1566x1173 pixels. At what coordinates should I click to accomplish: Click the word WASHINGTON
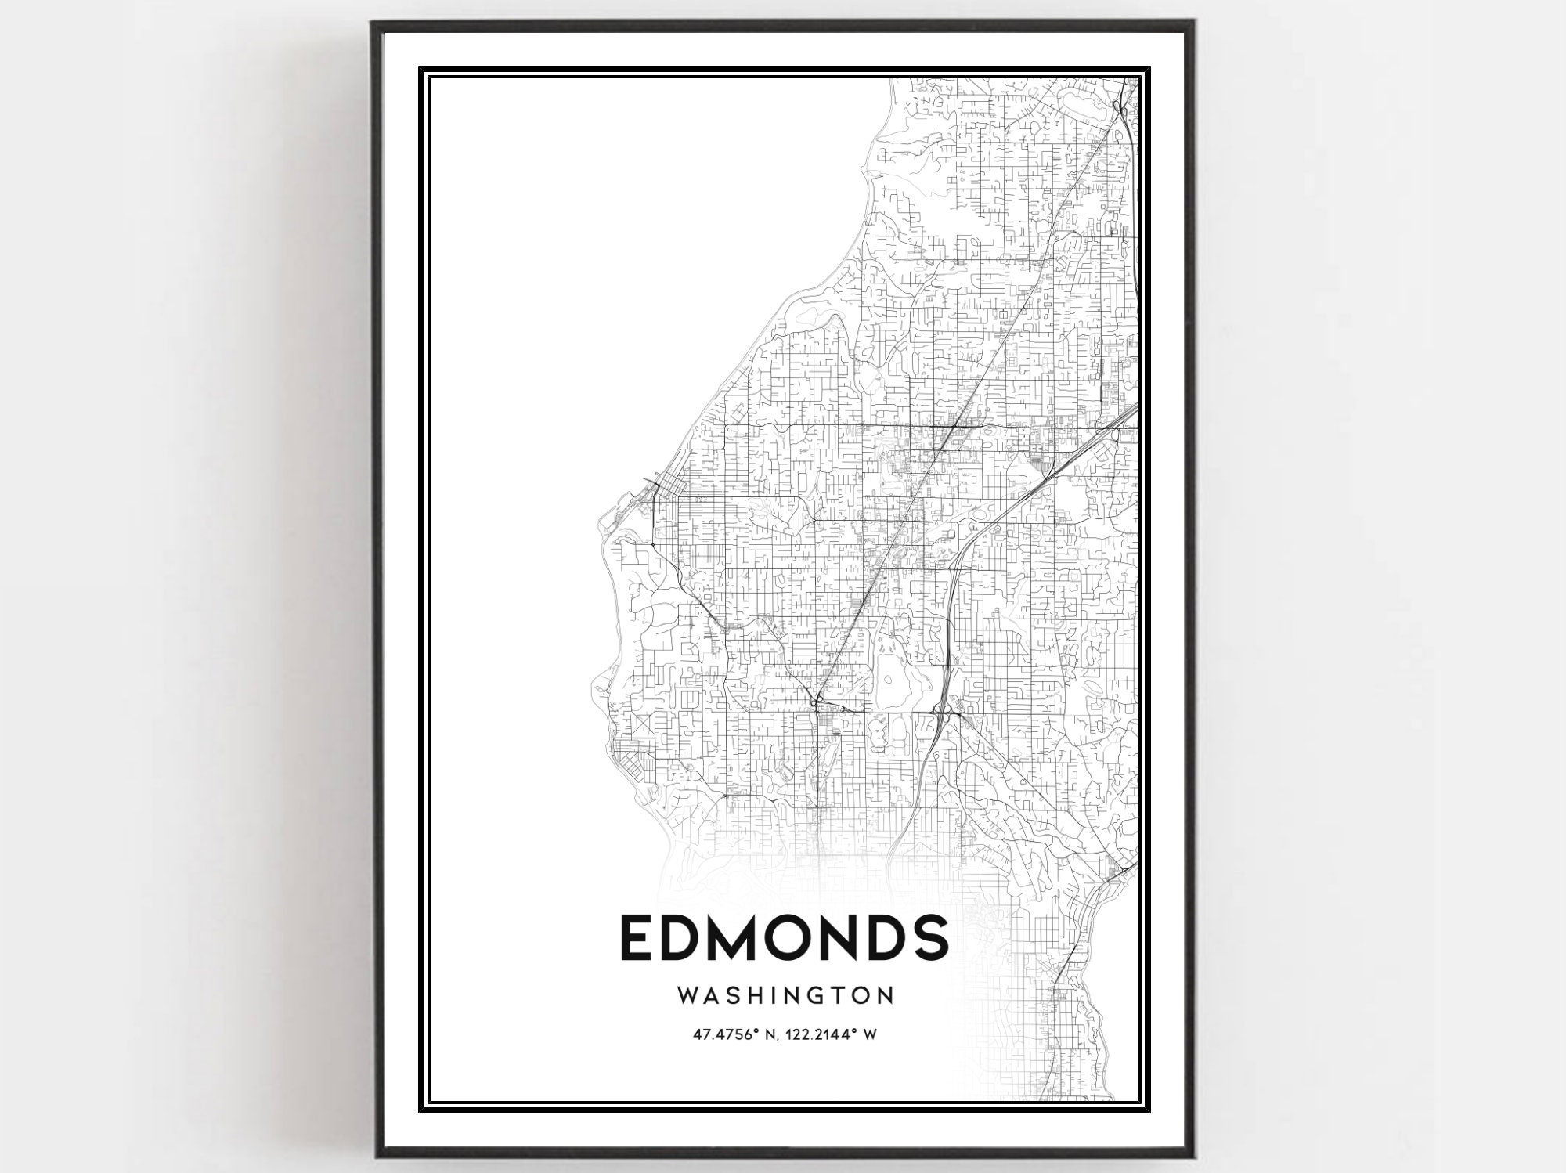point(785,995)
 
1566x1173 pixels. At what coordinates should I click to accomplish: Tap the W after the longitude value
point(869,1034)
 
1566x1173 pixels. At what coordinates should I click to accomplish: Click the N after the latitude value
point(769,1034)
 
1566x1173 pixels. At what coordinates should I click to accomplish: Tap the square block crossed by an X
point(644,724)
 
